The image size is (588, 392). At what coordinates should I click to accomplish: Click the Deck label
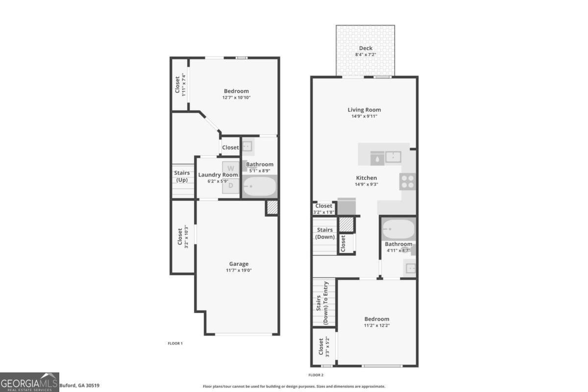pyautogui.click(x=366, y=48)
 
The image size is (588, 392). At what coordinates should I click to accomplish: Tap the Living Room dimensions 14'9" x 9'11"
pyautogui.click(x=365, y=116)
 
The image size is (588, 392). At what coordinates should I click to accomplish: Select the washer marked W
pyautogui.click(x=230, y=168)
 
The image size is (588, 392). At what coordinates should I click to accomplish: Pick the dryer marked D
pyautogui.click(x=230, y=186)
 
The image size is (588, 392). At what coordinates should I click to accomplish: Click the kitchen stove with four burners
pyautogui.click(x=408, y=182)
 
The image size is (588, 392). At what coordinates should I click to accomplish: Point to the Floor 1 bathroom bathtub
pyautogui.click(x=259, y=186)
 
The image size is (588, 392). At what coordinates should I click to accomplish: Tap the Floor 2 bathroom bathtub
pyautogui.click(x=398, y=229)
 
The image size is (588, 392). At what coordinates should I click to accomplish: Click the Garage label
pyautogui.click(x=239, y=264)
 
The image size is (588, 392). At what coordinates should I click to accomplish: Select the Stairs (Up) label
pyautogui.click(x=182, y=176)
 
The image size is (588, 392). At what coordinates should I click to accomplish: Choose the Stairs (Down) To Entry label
pyautogui.click(x=322, y=303)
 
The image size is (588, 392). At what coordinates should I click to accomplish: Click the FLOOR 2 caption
pyautogui.click(x=316, y=375)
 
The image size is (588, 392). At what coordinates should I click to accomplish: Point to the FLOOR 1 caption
pyautogui.click(x=175, y=343)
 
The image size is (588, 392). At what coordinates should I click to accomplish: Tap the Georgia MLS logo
pyautogui.click(x=29, y=382)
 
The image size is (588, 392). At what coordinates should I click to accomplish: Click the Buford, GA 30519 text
pyautogui.click(x=79, y=386)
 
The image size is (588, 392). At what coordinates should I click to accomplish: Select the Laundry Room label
pyautogui.click(x=218, y=174)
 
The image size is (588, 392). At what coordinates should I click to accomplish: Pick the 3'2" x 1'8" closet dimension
pyautogui.click(x=324, y=212)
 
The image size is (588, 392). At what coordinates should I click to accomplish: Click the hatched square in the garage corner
pyautogui.click(x=272, y=207)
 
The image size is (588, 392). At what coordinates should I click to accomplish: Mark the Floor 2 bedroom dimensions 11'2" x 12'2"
pyautogui.click(x=377, y=325)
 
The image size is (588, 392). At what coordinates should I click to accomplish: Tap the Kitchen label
pyautogui.click(x=366, y=178)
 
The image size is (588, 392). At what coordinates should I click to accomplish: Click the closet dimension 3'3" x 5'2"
pyautogui.click(x=327, y=346)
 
